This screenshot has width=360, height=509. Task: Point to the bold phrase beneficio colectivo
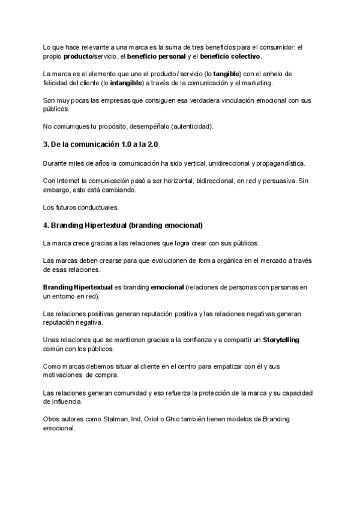pyautogui.click(x=230, y=56)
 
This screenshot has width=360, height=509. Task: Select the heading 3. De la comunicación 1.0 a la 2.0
pyautogui.click(x=101, y=145)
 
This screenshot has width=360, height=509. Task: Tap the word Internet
pyautogui.click(x=70, y=181)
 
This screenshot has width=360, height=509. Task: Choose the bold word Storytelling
pyautogui.click(x=281, y=340)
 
